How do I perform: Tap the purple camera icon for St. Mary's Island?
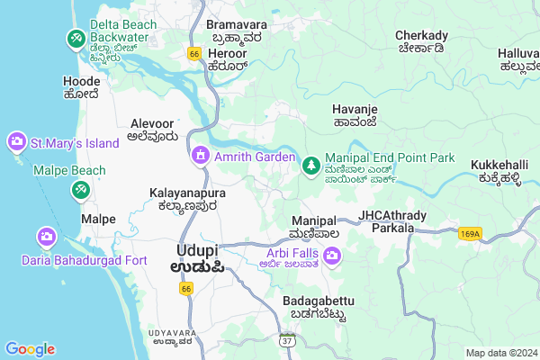(16, 142)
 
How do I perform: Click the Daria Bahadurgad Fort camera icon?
(45, 238)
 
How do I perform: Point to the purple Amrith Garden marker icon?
(200, 157)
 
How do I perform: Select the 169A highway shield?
(469, 233)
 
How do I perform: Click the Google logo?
(30, 349)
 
